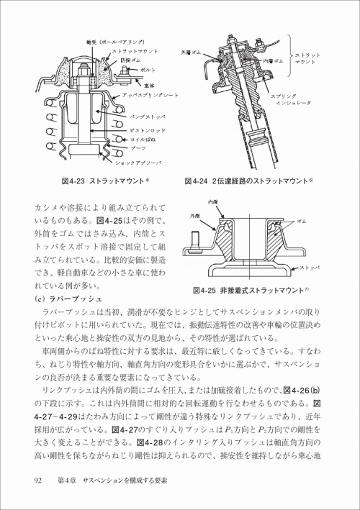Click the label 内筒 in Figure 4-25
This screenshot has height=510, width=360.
click(212, 204)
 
